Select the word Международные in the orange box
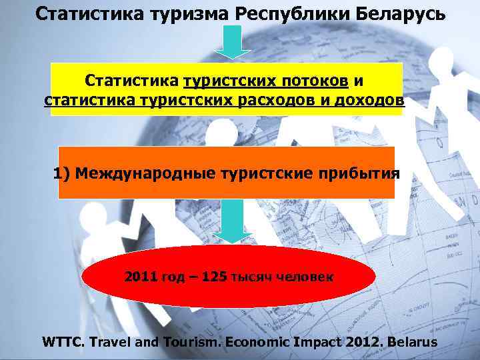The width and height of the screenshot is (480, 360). tap(147, 174)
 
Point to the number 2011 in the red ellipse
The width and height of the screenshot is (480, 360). tap(141, 276)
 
